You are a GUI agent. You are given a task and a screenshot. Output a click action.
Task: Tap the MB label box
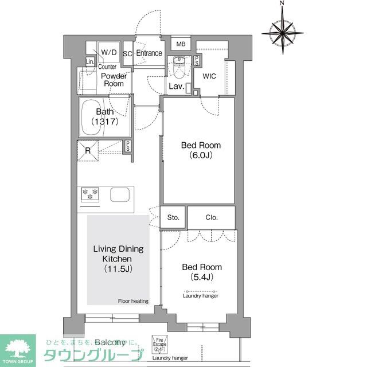tap(181, 44)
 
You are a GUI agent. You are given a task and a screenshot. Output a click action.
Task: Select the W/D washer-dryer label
tap(109, 53)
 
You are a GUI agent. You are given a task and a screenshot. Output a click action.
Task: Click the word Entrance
tap(149, 53)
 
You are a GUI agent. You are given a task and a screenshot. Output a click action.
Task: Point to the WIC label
tap(209, 75)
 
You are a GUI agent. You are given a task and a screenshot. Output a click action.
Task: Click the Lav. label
tap(175, 87)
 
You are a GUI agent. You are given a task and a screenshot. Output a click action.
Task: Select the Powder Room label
tap(113, 80)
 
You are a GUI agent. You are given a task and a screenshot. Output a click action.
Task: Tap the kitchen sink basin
tap(120, 193)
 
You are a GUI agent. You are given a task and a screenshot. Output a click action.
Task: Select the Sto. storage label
tap(173, 217)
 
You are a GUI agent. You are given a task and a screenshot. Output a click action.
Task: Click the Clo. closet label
tap(211, 217)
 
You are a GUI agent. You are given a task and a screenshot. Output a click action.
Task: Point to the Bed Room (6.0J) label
tap(201, 150)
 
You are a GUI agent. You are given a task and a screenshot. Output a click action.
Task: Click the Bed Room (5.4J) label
tap(202, 272)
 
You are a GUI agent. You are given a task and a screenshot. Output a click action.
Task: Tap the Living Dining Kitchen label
tap(118, 259)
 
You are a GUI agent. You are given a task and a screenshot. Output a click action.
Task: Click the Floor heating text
tap(133, 301)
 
